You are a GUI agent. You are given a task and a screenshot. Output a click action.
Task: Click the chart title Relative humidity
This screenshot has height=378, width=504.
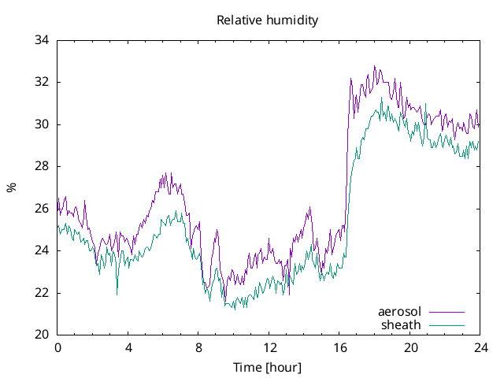click(268, 20)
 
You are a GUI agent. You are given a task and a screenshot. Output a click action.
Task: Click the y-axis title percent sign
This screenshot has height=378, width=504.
click(11, 187)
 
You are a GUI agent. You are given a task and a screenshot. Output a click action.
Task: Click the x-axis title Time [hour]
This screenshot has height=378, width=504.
click(268, 368)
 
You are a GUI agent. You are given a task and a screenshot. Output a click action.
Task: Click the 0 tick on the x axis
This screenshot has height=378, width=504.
click(57, 347)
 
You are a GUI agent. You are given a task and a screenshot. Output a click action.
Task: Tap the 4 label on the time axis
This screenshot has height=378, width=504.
click(128, 347)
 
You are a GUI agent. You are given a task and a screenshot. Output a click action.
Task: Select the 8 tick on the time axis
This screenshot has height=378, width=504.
click(198, 347)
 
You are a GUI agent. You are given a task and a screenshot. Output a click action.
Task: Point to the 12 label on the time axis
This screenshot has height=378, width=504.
click(269, 347)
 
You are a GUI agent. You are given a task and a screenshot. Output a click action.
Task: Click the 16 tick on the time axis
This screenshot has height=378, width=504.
click(339, 347)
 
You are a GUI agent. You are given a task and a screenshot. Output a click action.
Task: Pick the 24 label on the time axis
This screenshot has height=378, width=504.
click(480, 347)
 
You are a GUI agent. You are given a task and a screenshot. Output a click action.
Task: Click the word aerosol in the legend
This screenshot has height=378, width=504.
click(400, 312)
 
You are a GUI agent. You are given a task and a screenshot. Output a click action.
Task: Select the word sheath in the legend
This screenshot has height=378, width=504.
click(402, 324)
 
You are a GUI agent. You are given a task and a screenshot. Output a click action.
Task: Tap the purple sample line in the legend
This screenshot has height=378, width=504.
click(447, 312)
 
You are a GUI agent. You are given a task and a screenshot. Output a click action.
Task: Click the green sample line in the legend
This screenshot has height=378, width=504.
click(447, 324)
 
